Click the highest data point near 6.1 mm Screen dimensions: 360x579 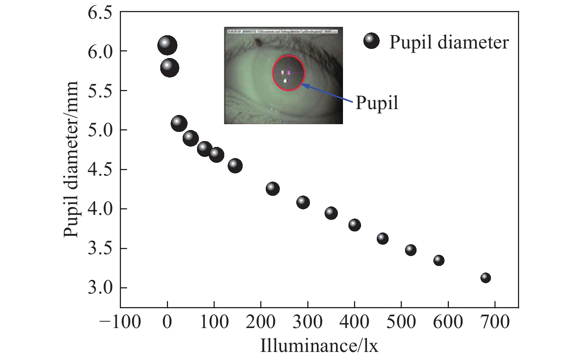(167, 46)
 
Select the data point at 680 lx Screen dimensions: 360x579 (485, 278)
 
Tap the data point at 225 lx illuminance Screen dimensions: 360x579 (272, 189)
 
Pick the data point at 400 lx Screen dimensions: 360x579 (354, 225)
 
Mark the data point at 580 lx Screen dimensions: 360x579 (439, 260)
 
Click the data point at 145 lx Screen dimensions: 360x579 (235, 166)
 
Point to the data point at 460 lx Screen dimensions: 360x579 (382, 239)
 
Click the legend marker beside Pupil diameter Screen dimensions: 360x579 (371, 41)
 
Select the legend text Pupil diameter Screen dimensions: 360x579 (449, 42)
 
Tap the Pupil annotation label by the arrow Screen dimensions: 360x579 (377, 102)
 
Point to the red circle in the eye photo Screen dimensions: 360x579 (289, 56)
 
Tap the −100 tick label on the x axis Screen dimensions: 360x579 (120, 322)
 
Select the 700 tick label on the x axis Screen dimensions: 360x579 (495, 322)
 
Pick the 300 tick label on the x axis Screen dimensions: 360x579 (307, 322)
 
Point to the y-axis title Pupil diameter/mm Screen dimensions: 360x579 (71, 159)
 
